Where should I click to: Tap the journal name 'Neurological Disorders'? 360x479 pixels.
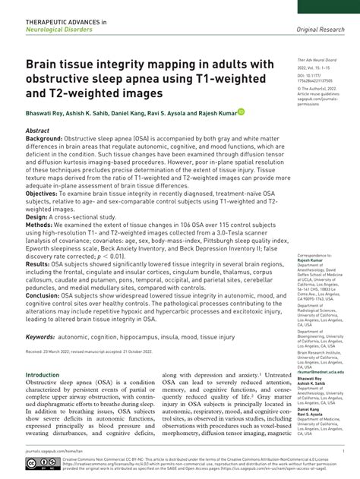(58, 29)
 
